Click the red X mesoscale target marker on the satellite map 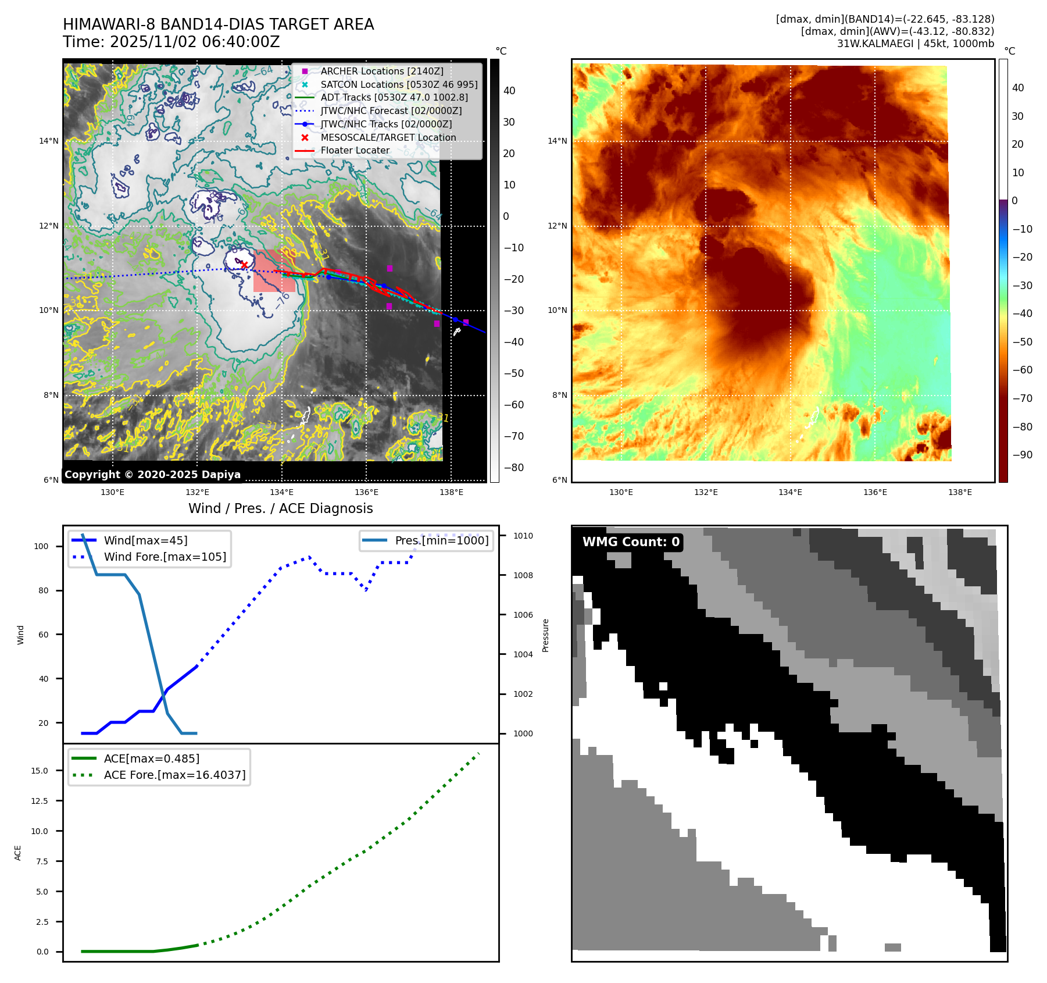(x=245, y=265)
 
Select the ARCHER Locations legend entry (x=381, y=71)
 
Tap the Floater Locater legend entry (x=355, y=150)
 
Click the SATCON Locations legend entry (x=399, y=84)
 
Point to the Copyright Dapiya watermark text (x=152, y=475)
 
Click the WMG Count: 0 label (x=631, y=542)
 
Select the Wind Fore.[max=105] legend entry (x=165, y=557)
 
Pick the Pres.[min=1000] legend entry (x=441, y=540)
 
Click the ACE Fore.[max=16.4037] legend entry (x=174, y=775)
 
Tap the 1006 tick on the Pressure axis (x=523, y=615)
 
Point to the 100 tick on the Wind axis (x=41, y=546)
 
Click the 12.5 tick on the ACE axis (x=40, y=801)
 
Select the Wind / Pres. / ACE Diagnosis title (x=280, y=508)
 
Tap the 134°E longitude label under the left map (x=281, y=492)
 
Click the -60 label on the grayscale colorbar (x=513, y=405)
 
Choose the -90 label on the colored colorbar (x=1022, y=455)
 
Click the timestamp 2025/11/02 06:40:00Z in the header (x=195, y=42)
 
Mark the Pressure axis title (x=545, y=635)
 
